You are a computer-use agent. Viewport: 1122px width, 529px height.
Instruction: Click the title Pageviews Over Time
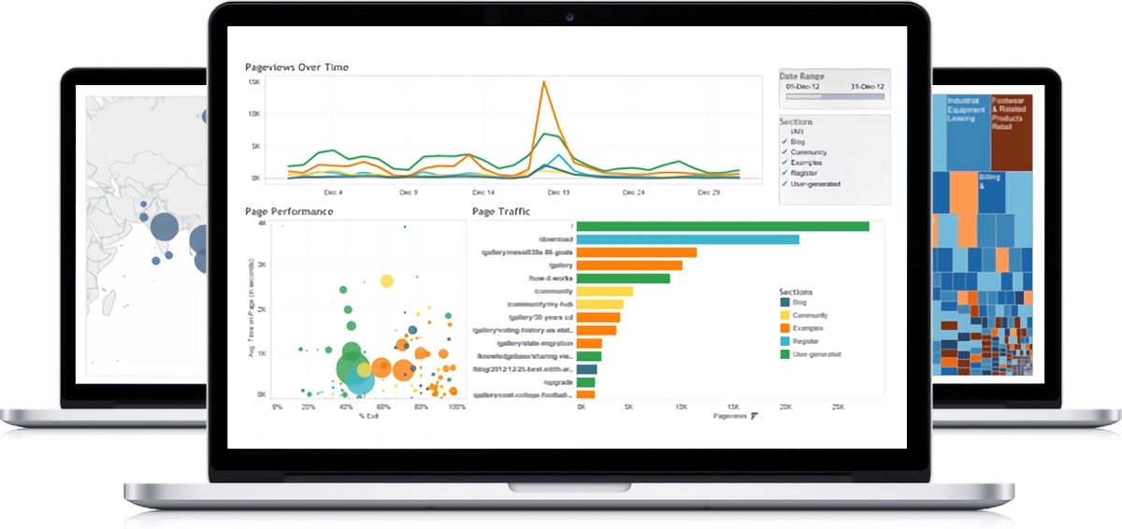pos(296,67)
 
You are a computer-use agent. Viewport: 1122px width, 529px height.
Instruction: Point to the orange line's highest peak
pos(543,82)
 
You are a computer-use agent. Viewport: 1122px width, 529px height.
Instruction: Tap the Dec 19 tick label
pos(557,192)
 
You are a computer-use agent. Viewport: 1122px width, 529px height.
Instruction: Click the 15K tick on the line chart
pos(253,82)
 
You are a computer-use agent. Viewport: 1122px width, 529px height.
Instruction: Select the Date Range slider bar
pos(834,95)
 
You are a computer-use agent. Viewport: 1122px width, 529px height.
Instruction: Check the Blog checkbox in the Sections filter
pos(784,142)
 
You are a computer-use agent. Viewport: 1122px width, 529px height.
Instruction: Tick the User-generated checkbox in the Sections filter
pos(784,184)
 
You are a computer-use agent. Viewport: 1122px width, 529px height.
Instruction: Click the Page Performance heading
pos(289,211)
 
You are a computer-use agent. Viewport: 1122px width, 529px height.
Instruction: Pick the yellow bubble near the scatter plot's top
pos(387,279)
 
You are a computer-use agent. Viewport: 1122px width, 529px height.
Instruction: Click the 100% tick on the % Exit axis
pos(456,407)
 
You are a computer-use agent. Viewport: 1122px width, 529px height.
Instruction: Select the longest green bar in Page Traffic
pos(723,226)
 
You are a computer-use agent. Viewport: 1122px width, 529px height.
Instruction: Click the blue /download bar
pos(687,239)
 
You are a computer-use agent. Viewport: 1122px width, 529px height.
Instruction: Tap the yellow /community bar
pos(605,292)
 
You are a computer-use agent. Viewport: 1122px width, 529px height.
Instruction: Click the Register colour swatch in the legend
pos(784,341)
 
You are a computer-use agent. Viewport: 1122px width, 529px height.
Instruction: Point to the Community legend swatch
pos(784,316)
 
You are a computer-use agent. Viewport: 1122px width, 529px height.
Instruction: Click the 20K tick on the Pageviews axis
pos(784,407)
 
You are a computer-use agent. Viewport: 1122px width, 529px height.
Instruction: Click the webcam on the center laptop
pos(568,16)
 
